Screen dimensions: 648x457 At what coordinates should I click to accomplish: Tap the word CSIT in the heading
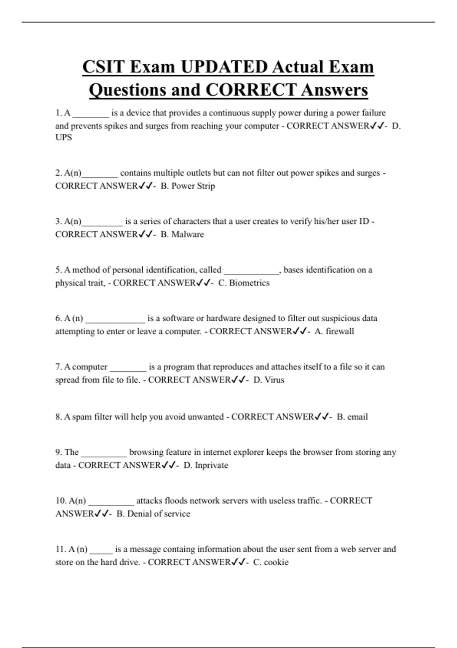(103, 67)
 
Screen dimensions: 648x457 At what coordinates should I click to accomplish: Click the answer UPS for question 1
(64, 138)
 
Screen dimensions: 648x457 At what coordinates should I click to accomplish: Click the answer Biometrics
(249, 283)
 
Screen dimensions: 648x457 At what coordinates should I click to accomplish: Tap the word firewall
(340, 331)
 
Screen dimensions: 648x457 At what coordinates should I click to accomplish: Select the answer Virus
(274, 380)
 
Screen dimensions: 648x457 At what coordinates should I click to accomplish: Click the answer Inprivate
(211, 465)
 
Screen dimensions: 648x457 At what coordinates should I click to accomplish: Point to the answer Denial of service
(158, 513)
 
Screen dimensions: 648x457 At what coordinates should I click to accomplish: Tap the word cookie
(276, 562)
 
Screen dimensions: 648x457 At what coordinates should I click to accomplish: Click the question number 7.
(59, 367)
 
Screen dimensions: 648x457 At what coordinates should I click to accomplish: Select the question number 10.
(61, 500)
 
